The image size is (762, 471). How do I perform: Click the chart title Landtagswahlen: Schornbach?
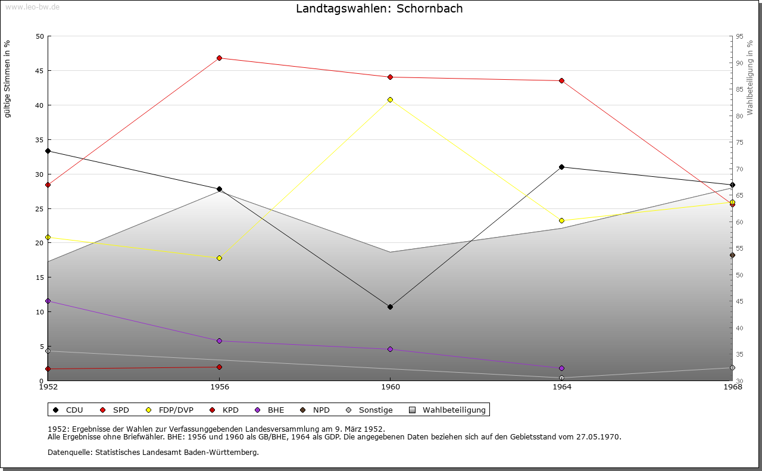click(x=379, y=9)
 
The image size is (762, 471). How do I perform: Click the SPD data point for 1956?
click(x=220, y=58)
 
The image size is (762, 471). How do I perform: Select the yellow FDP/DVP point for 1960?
click(x=391, y=99)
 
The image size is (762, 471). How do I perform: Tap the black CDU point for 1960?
click(x=391, y=307)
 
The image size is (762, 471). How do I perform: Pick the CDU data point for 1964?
click(x=561, y=167)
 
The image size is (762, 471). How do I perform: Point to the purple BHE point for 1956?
click(x=220, y=341)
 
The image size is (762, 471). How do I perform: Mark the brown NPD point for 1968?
click(x=732, y=255)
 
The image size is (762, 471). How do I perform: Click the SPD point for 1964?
click(x=561, y=80)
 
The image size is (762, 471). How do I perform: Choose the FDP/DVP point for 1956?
click(x=220, y=258)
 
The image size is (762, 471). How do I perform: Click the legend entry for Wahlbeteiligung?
click(x=454, y=410)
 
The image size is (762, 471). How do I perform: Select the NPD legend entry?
click(x=321, y=410)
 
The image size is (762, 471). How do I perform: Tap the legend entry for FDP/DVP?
click(x=176, y=410)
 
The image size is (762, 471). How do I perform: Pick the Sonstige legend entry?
click(x=375, y=410)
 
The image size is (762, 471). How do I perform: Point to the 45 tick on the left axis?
click(x=40, y=71)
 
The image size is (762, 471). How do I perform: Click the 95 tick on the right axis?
click(x=739, y=36)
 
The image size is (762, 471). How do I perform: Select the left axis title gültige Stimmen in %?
click(x=7, y=79)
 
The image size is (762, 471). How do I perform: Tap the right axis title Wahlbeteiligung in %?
click(x=750, y=77)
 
